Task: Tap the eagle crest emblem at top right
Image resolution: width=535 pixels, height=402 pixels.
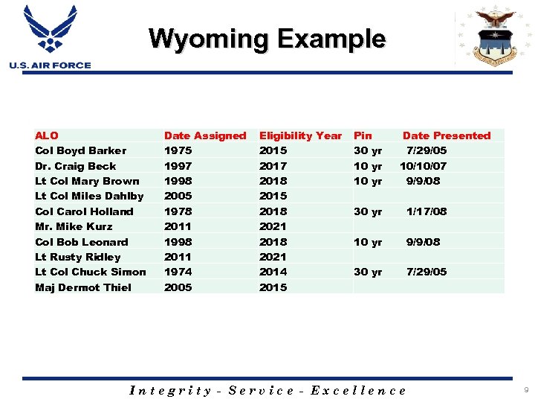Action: pos(494,37)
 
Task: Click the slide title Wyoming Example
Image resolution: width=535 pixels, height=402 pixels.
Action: pos(267,39)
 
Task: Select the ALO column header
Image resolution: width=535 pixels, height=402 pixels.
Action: pos(46,135)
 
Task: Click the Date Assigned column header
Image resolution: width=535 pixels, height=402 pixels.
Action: pos(204,135)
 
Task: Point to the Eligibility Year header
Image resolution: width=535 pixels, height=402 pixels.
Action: pos(300,135)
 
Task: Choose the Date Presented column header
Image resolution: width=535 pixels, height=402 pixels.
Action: pos(447,135)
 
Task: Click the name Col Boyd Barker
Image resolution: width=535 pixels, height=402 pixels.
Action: pos(80,150)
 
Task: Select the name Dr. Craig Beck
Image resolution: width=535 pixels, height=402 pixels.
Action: pos(75,166)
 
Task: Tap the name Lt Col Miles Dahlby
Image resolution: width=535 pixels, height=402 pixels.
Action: pos(89,196)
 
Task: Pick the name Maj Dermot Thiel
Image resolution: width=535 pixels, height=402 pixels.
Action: pos(82,287)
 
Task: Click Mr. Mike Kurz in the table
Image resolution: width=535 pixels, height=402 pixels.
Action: pos(74,226)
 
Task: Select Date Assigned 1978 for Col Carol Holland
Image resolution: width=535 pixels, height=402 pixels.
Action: pos(178,211)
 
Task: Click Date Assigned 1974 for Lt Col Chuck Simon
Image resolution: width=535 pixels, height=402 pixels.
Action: pos(178,272)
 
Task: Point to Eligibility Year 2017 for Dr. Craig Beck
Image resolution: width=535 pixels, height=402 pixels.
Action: pos(273,166)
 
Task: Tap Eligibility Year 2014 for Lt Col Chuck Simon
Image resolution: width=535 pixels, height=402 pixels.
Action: pos(273,272)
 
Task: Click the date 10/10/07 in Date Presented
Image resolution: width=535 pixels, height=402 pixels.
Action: pos(424,166)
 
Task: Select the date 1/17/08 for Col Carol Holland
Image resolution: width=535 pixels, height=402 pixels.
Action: pos(427,211)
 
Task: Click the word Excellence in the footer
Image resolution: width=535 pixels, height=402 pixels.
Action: pos(359,390)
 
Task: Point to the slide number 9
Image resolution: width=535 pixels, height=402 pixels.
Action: pos(525,390)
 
